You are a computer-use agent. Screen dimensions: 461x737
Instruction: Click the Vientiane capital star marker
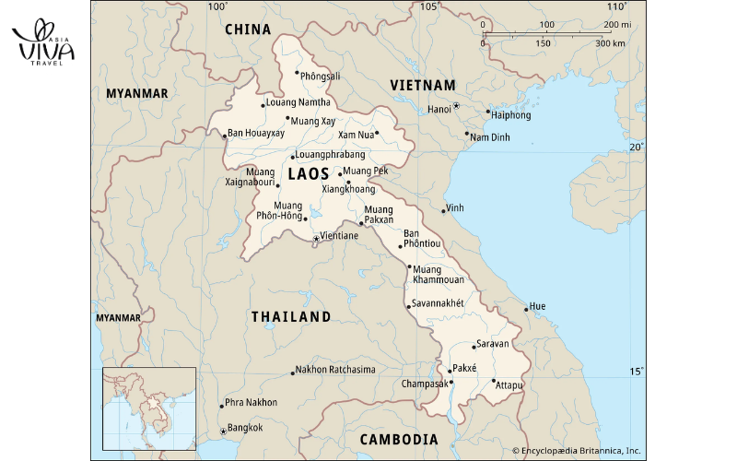click(316, 238)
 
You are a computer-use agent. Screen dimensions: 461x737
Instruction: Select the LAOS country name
click(308, 173)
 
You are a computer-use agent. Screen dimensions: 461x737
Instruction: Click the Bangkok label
click(245, 427)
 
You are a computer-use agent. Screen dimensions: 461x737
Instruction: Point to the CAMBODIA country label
click(398, 439)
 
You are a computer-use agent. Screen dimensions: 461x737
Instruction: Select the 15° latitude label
click(637, 372)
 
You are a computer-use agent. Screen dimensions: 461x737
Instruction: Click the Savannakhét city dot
click(408, 306)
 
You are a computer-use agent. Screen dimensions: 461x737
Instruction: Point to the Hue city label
click(539, 305)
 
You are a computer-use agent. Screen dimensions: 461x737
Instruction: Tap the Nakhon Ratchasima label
click(335, 370)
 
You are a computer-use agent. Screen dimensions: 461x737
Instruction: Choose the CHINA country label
click(248, 30)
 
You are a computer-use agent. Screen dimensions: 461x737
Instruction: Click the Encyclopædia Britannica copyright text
click(580, 451)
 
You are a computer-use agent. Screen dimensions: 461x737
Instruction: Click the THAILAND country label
click(291, 316)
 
